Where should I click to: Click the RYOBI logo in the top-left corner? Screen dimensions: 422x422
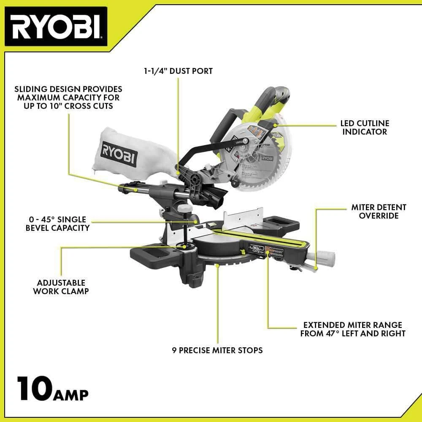[56, 26]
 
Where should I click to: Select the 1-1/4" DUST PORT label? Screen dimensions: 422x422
[177, 71]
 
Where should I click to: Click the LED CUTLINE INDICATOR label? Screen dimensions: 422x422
[365, 127]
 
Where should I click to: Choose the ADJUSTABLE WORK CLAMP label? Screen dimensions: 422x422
[61, 287]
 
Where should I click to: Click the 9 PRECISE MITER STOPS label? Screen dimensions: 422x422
[217, 350]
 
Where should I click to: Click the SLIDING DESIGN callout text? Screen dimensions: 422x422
[68, 97]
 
